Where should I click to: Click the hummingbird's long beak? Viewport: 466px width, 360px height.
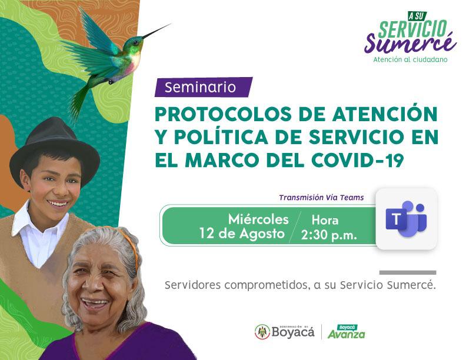point(157,31)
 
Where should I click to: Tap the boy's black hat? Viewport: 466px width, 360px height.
point(55,148)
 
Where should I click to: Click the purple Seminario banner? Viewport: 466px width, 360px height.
point(204,87)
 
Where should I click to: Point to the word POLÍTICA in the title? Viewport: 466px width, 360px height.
point(221,136)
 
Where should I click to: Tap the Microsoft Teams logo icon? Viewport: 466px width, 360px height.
point(406,219)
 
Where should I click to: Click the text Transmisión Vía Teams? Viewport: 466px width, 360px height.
point(321,198)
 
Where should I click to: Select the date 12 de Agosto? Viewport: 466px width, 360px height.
point(242,234)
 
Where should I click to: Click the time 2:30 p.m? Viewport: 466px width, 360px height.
point(329,235)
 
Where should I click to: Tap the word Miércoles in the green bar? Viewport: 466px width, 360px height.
point(258,219)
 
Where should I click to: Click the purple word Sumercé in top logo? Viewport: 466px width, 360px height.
point(411,42)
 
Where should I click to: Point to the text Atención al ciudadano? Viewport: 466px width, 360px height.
point(410,59)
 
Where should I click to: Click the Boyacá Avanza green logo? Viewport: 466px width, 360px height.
point(347,332)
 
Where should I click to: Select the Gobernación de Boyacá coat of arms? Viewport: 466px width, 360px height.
point(262,332)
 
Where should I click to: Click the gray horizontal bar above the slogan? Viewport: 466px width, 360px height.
point(408,272)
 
